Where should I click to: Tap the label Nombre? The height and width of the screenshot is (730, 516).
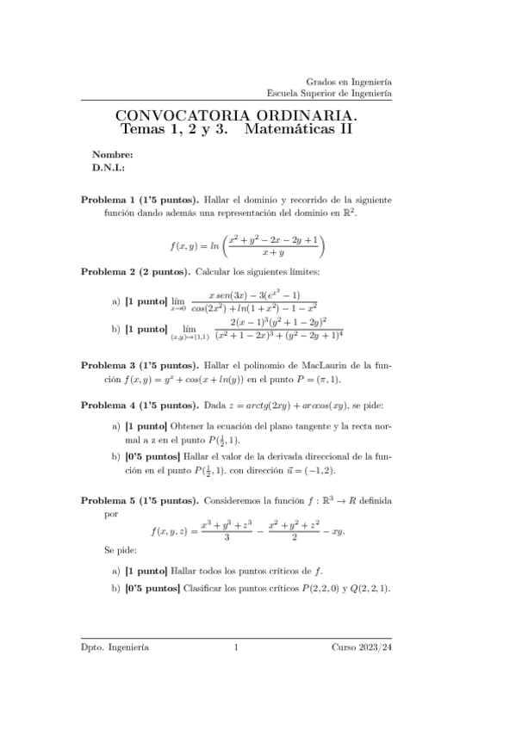112,156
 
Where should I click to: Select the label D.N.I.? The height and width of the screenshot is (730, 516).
109,169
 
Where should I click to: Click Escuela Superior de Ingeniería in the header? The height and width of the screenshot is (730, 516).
329,92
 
